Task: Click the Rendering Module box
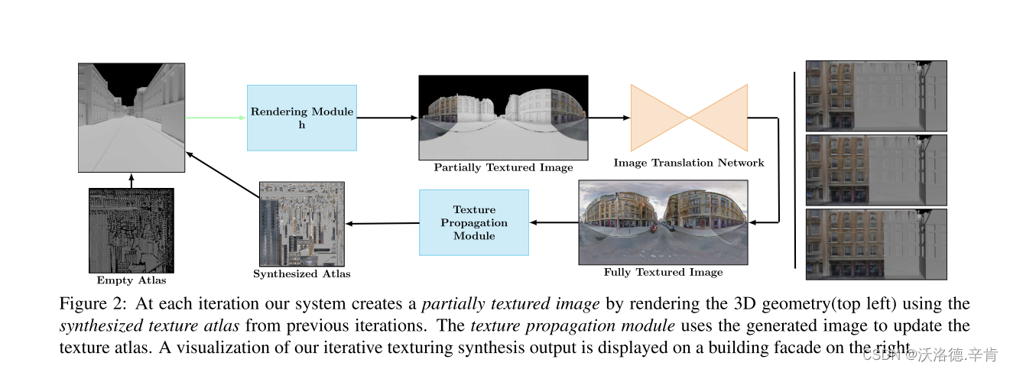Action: [x=301, y=118]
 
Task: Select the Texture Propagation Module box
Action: [x=474, y=222]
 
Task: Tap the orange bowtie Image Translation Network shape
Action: [x=688, y=118]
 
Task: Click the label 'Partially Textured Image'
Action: [x=503, y=167]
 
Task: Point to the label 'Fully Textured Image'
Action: [x=662, y=272]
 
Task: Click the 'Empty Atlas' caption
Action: [x=131, y=280]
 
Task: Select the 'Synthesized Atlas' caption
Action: [x=301, y=274]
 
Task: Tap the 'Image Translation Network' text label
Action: [x=688, y=163]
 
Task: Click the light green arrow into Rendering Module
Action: [x=216, y=118]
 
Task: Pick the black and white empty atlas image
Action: [x=131, y=230]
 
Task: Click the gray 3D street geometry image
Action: [x=131, y=118]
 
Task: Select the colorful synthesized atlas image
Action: [x=301, y=222]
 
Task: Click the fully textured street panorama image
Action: [x=662, y=222]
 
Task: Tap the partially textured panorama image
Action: [x=503, y=117]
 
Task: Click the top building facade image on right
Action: [x=875, y=95]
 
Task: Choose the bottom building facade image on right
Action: [x=875, y=244]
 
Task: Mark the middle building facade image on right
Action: [x=875, y=170]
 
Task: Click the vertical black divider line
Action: [x=794, y=170]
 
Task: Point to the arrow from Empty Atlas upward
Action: [x=131, y=180]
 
